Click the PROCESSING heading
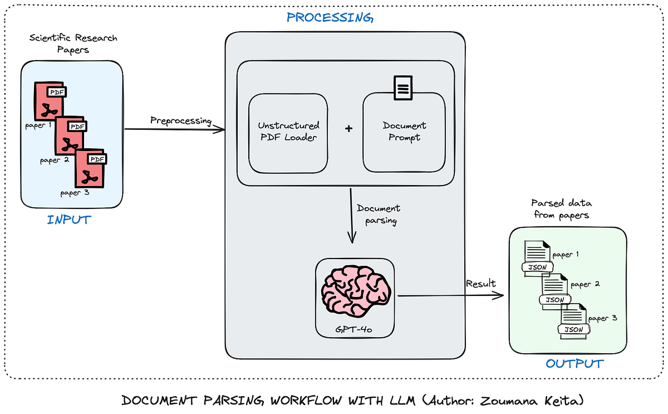coord(330,18)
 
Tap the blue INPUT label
coord(69,220)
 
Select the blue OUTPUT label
coord(574,364)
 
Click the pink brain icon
coord(356,291)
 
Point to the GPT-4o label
coord(353,329)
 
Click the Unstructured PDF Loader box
coord(288,133)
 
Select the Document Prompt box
coord(404,132)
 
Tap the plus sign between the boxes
coord(348,129)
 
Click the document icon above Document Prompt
coord(403,87)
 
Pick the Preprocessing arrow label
coord(181,121)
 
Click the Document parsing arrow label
coord(379,215)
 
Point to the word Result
coord(481,283)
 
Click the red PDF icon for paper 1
coord(50,101)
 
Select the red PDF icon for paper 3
coord(91,168)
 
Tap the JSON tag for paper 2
coord(555,299)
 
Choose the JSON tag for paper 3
coord(574,329)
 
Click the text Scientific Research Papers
coord(73,43)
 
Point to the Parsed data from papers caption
coord(561,209)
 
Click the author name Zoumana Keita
coord(531,401)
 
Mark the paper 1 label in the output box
coord(566,254)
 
